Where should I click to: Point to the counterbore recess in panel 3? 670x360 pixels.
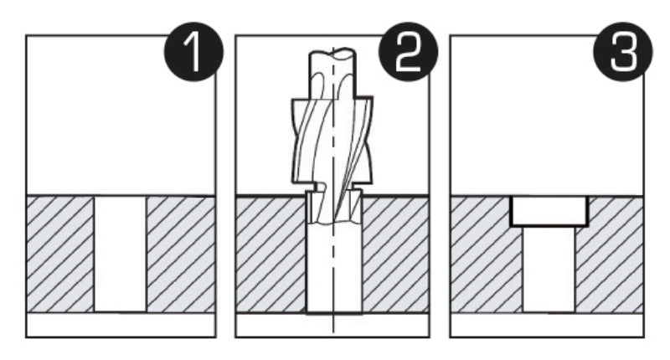(549, 211)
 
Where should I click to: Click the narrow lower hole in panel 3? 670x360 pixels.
(549, 268)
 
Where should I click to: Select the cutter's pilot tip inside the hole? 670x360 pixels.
(333, 208)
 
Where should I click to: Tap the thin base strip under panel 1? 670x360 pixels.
(120, 324)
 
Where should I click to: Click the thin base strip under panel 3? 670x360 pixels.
(549, 324)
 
